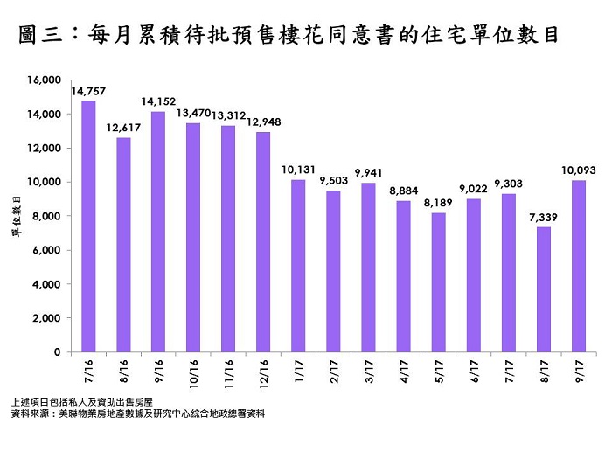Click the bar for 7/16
[88, 226]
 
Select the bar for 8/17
[543, 289]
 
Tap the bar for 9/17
[578, 266]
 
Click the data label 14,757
[88, 91]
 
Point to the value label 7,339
[542, 218]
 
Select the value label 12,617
[123, 128]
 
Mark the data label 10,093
[578, 170]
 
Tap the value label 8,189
[438, 203]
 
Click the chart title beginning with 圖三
[288, 36]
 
